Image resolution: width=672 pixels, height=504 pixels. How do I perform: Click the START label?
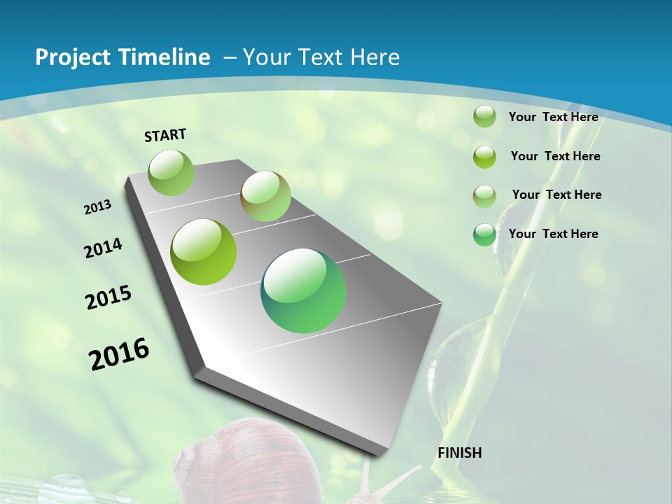tap(165, 135)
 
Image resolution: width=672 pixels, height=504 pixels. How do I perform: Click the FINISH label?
tap(459, 453)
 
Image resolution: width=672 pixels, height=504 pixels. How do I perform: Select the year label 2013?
tap(98, 207)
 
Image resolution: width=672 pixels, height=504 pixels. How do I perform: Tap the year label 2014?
tap(104, 248)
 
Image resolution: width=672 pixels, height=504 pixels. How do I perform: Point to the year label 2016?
tap(119, 354)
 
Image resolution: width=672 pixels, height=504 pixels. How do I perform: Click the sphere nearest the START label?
tap(171, 172)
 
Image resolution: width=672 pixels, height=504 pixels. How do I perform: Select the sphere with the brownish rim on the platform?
tap(265, 196)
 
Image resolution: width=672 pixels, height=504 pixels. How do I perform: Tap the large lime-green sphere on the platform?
tap(204, 252)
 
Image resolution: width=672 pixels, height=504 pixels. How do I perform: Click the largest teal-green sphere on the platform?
tap(303, 290)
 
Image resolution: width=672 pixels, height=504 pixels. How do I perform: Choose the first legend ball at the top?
tap(484, 116)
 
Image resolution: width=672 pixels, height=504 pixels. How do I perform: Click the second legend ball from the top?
tap(484, 157)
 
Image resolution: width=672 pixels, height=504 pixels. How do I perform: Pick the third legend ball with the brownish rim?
tap(484, 195)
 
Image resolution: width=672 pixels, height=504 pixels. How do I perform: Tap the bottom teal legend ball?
tap(484, 234)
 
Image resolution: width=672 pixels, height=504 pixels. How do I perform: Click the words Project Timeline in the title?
tap(122, 57)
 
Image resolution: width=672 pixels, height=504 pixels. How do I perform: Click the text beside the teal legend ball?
tap(553, 234)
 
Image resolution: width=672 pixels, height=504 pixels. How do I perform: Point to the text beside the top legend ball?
tap(553, 117)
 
